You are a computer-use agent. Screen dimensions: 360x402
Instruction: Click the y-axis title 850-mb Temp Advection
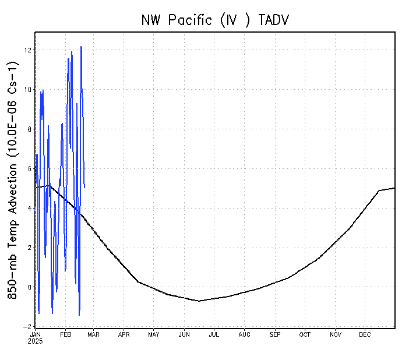13,181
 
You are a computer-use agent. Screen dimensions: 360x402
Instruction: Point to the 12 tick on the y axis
27,50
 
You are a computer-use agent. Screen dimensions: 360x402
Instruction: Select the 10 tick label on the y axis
27,90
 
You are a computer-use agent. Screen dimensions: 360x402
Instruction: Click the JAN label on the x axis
36,334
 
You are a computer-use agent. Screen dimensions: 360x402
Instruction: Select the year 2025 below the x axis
36,341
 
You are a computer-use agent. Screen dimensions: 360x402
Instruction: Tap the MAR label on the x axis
94,334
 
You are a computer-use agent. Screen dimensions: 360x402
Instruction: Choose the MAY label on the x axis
154,334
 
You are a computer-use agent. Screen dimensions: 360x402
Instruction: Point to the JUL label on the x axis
214,334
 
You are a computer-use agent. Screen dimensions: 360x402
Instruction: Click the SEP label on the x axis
275,334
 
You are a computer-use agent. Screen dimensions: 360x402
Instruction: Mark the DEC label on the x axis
365,334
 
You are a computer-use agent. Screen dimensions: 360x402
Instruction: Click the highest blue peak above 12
81,47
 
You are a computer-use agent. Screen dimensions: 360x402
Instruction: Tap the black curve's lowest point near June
199,301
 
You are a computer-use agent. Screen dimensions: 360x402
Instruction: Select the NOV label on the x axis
336,334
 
